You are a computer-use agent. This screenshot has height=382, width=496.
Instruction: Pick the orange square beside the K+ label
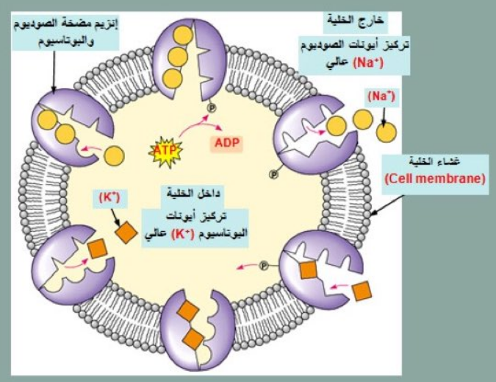click(127, 233)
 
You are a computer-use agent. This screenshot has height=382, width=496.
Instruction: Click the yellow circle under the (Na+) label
click(387, 133)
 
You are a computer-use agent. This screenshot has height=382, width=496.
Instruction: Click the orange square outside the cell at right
click(362, 291)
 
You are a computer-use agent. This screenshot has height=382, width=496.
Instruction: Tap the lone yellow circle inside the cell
click(113, 156)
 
